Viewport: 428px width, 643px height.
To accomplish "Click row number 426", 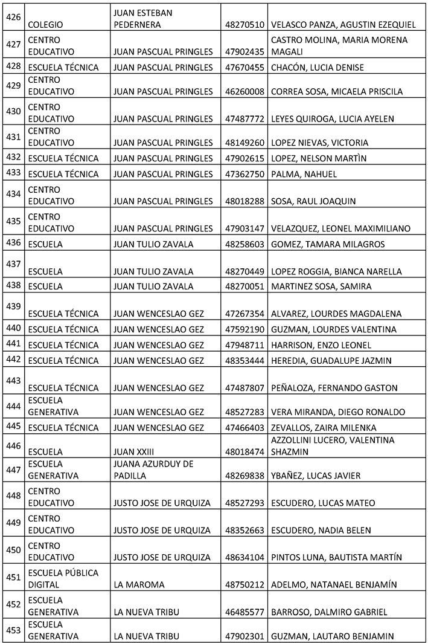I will click(x=13, y=18).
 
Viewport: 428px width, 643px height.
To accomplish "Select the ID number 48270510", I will click(x=244, y=25).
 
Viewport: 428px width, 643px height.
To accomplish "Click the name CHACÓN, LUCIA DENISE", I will click(x=318, y=68).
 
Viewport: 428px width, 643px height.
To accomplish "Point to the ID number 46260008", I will click(x=244, y=92).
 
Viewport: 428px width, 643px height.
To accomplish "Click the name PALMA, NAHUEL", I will click(x=304, y=174).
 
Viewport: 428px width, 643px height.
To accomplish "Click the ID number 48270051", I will click(x=244, y=286).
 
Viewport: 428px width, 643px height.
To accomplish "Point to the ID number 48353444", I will click(x=244, y=361).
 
